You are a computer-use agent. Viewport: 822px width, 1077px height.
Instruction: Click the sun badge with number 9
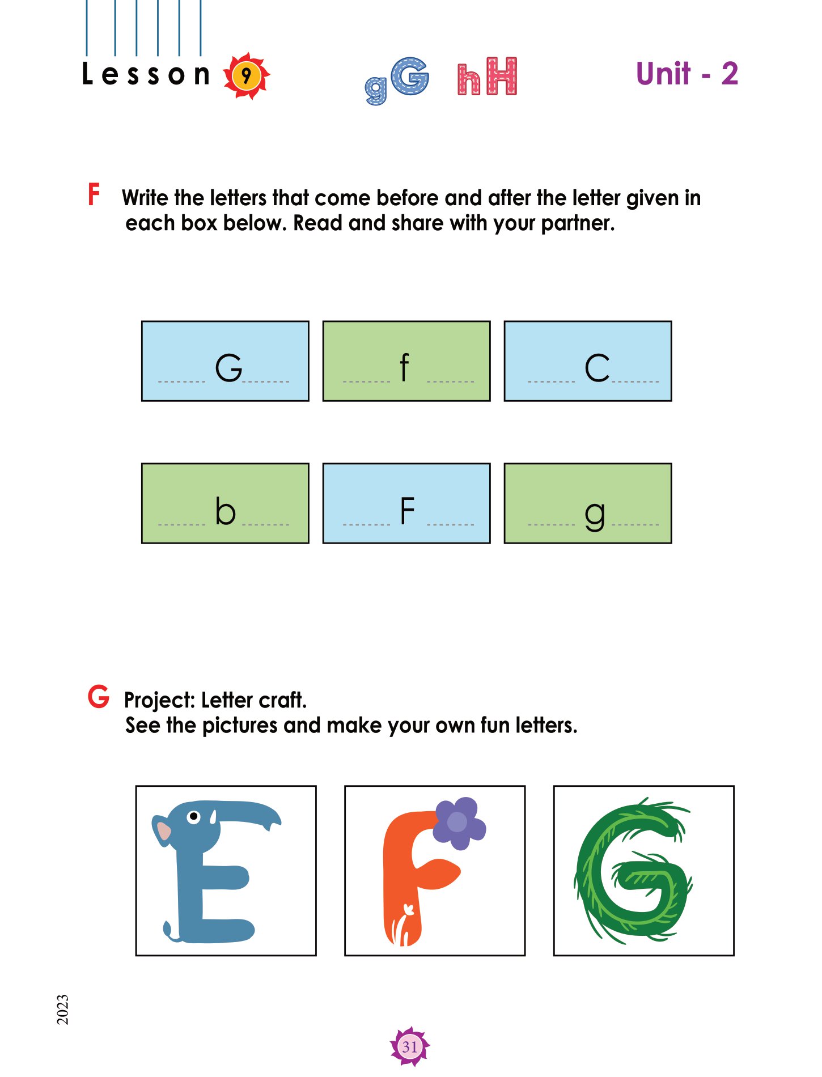[x=246, y=76]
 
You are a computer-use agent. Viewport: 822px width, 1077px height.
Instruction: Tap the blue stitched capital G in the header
[x=410, y=77]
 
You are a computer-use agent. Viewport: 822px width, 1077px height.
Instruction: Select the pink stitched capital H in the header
[x=502, y=76]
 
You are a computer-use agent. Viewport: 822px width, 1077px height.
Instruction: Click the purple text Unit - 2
[x=687, y=74]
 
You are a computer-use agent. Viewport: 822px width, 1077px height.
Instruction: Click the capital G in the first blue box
[x=228, y=368]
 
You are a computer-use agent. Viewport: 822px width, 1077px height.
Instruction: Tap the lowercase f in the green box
[x=404, y=367]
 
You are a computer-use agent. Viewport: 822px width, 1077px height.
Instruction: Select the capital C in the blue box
[x=597, y=368]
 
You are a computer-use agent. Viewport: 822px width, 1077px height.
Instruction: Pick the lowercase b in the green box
[x=225, y=511]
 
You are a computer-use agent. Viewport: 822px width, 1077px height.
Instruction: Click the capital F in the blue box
[x=408, y=511]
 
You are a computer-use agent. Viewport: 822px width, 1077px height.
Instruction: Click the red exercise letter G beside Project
[x=98, y=697]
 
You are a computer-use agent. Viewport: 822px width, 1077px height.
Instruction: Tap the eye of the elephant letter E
[x=194, y=817]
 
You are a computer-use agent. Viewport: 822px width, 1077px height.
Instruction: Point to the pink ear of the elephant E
[x=164, y=831]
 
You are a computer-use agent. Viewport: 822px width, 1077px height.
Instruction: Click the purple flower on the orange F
[x=459, y=823]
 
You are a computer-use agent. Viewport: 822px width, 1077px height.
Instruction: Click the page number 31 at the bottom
[x=410, y=1046]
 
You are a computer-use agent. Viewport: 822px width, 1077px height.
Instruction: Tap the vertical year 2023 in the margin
[x=62, y=1009]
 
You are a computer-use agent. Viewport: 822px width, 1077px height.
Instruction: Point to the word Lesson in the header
[x=146, y=74]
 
